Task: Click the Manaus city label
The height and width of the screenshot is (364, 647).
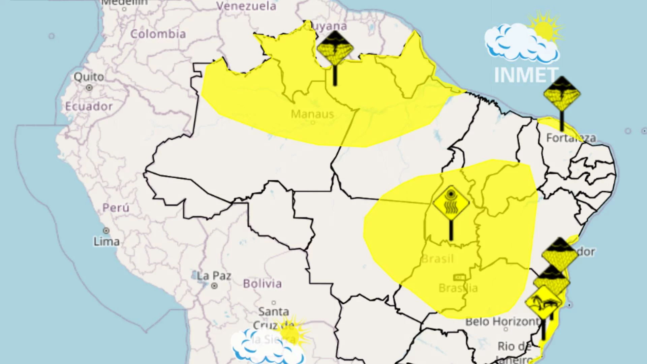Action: tap(312, 114)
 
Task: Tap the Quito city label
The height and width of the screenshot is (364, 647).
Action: tap(89, 77)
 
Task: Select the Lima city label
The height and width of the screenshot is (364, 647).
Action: tap(106, 242)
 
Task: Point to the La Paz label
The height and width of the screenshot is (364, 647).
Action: tap(214, 276)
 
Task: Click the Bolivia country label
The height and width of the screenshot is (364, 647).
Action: tap(262, 284)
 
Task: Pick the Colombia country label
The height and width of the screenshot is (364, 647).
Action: tap(158, 34)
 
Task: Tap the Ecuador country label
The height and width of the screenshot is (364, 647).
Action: tap(89, 107)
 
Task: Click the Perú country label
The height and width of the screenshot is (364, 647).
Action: tap(116, 208)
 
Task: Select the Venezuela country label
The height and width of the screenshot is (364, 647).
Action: tap(246, 6)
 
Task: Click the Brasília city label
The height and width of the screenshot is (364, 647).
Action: tap(458, 288)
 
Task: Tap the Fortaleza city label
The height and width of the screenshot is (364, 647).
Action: tap(571, 138)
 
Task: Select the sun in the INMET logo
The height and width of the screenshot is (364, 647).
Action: tap(543, 30)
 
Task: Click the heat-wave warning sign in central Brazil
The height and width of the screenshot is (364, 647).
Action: tap(451, 203)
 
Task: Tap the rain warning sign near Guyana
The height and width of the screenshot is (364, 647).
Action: tap(335, 48)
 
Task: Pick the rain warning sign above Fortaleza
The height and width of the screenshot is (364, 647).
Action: tap(562, 94)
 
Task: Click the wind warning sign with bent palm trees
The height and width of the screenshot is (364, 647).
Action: tap(543, 303)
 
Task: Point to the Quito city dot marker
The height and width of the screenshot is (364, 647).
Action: tap(89, 88)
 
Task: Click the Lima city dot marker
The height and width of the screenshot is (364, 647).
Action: tap(106, 231)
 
